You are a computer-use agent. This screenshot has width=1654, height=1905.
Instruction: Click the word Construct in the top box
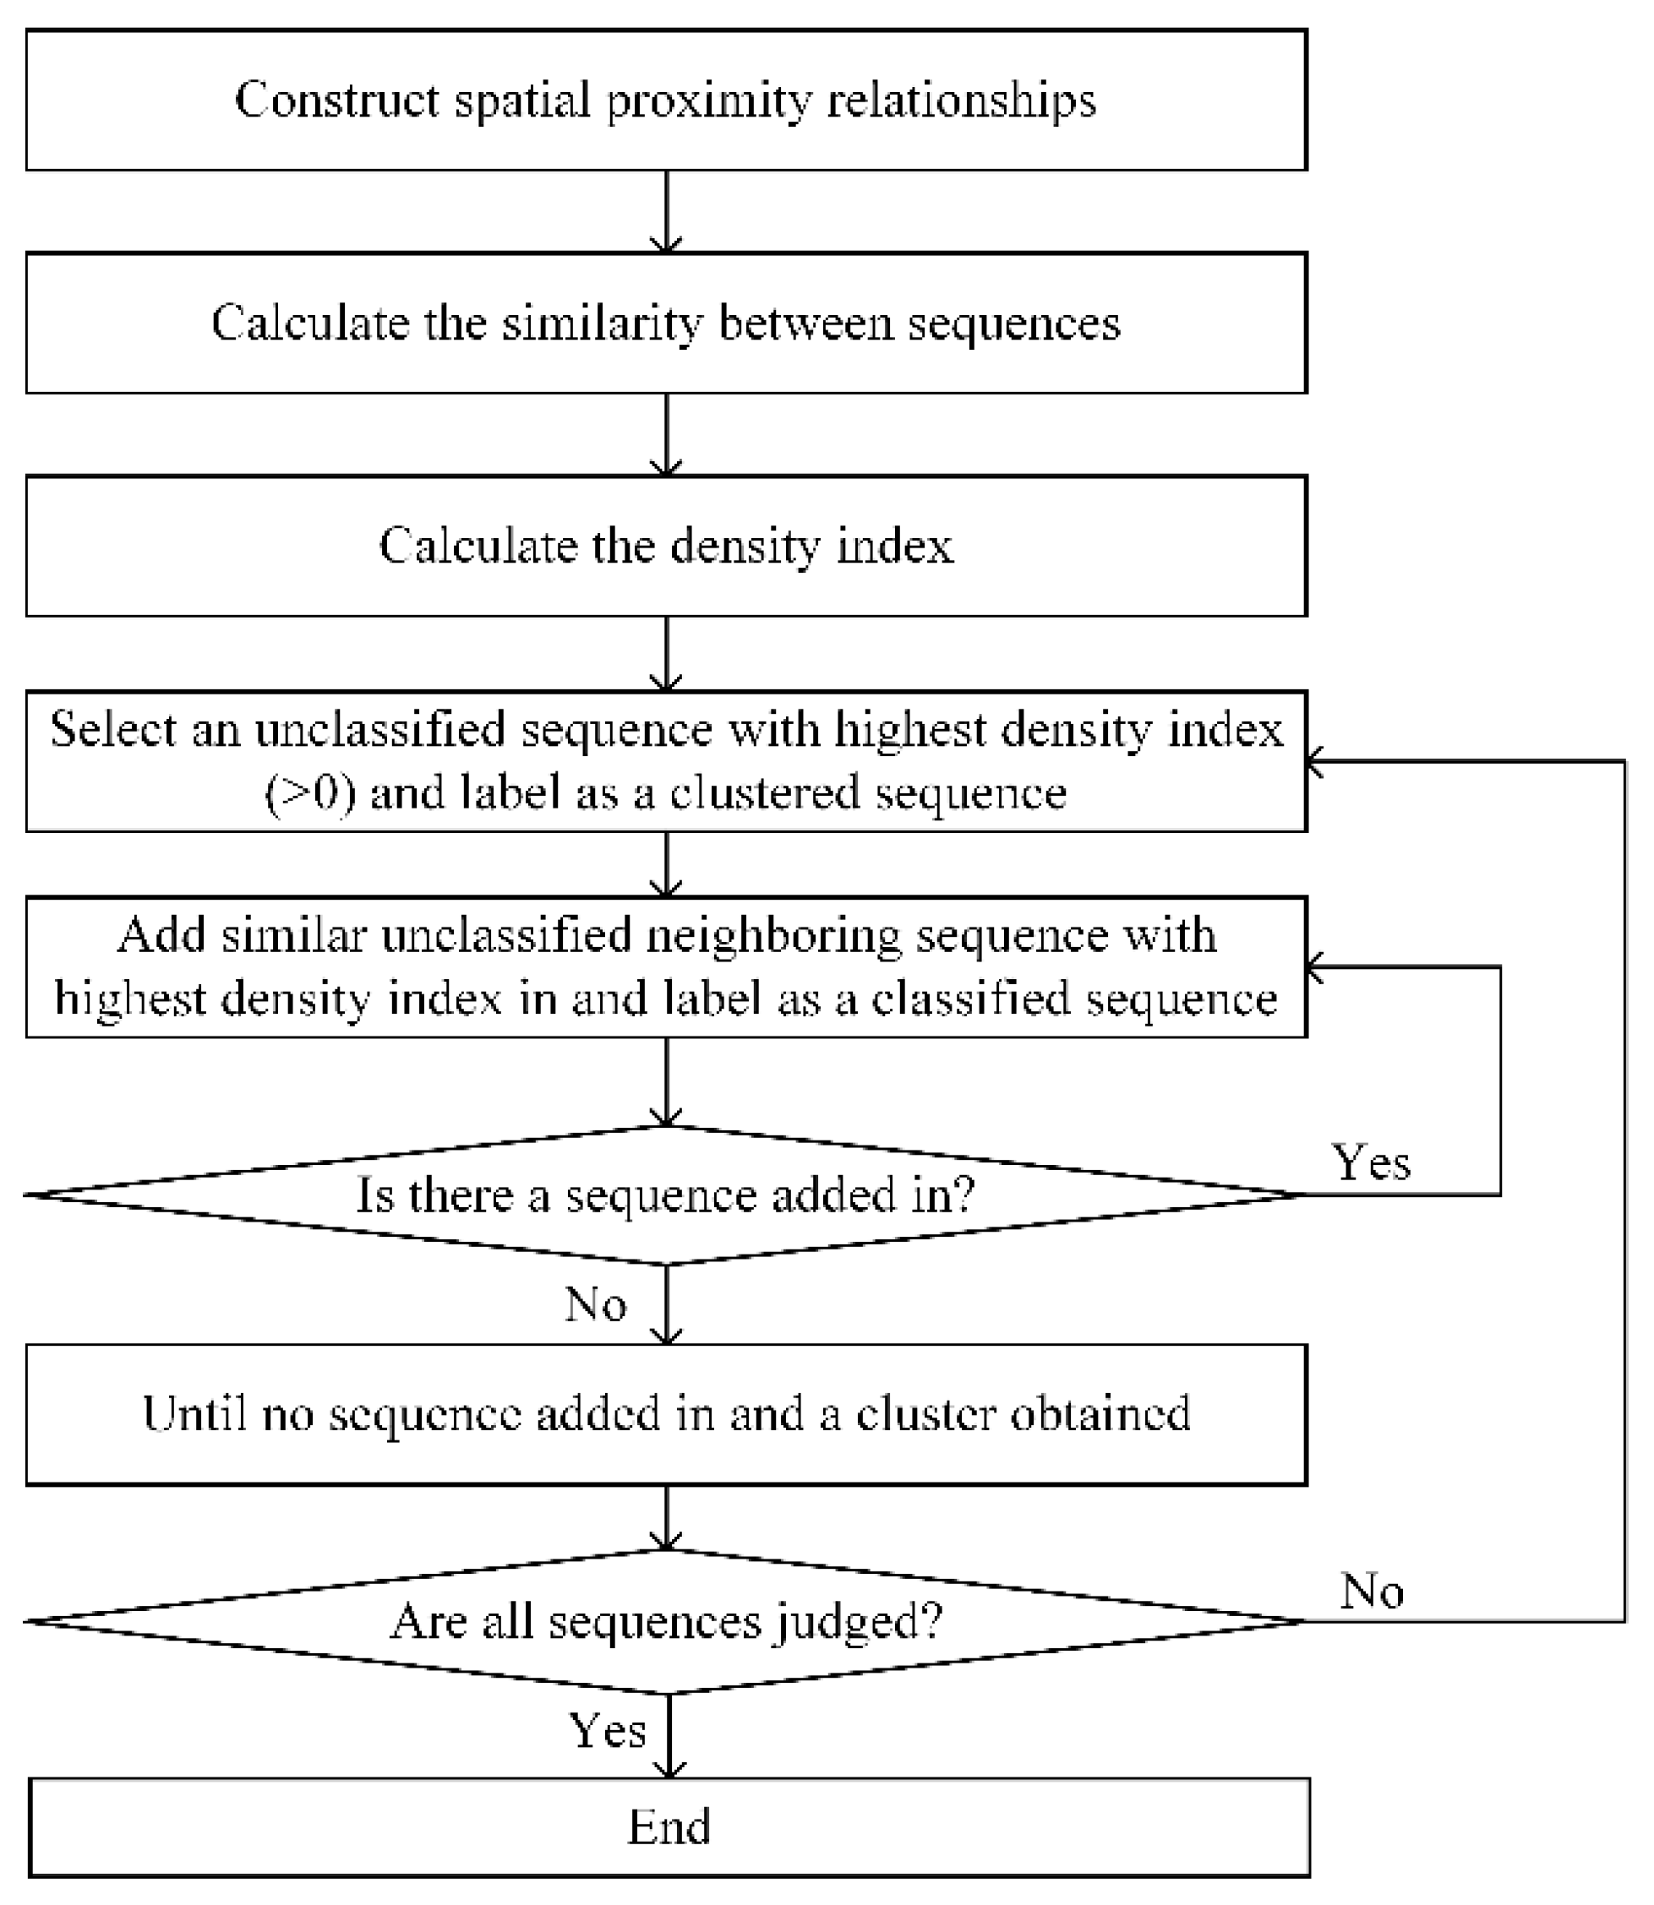[338, 99]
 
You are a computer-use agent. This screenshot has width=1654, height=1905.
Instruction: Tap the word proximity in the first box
[709, 101]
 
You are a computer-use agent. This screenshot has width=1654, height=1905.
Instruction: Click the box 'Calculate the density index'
[665, 546]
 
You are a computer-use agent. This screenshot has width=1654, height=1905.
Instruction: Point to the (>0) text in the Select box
[310, 792]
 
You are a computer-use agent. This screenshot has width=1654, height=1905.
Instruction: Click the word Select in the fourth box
[112, 729]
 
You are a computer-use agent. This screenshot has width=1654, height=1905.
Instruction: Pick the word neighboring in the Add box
[773, 934]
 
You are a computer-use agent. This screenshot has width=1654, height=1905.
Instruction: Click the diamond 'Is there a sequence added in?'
[665, 1195]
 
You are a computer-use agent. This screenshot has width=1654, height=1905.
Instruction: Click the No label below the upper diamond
[596, 1304]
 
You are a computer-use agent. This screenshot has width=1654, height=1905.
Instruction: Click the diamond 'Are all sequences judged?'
[665, 1621]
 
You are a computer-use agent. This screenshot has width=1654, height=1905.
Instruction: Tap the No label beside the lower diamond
[1373, 1591]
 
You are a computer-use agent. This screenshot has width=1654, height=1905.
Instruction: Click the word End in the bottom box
[669, 1826]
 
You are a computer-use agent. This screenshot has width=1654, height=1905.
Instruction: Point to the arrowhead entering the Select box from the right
[1316, 761]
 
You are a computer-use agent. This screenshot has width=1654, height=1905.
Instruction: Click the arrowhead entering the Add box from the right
[1316, 966]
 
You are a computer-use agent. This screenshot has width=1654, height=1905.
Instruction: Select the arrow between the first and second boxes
[665, 212]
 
